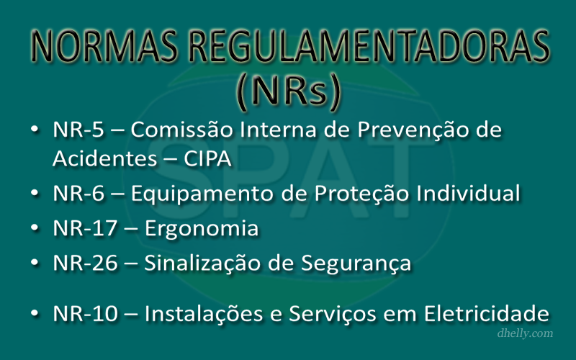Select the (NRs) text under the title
[x=289, y=91]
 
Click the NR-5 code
[x=78, y=130]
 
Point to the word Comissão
[x=182, y=130]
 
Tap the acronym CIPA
[x=207, y=158]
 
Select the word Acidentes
[x=104, y=158]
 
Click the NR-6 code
[x=78, y=194]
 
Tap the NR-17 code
[x=85, y=228]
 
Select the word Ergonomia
[x=202, y=229]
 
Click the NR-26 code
[x=85, y=263]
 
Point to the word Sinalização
[x=202, y=264]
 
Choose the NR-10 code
[x=85, y=314]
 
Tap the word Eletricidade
[x=487, y=313]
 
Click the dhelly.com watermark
[x=525, y=333]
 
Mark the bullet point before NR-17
[x=35, y=228]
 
